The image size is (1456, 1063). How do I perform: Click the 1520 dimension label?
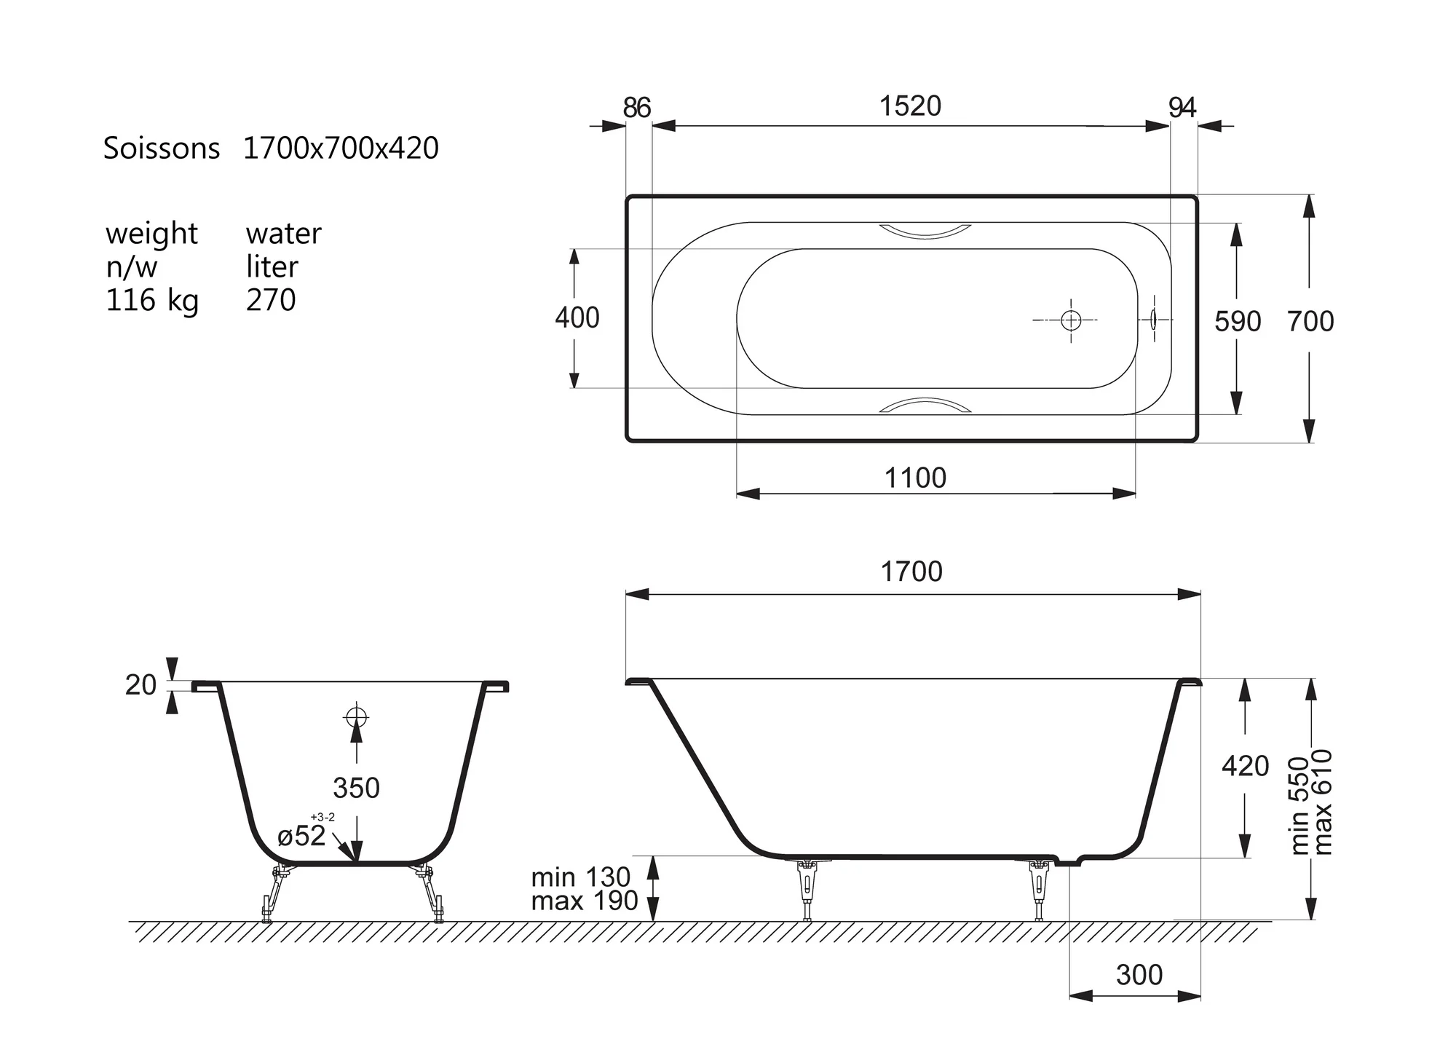[x=910, y=106]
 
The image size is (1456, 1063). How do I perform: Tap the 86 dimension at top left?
[x=636, y=108]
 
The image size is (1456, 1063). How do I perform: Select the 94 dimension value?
[x=1182, y=108]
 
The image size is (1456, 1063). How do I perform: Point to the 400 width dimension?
[x=577, y=318]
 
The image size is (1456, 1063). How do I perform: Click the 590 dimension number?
[x=1238, y=322]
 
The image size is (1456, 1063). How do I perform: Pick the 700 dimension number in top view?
[x=1310, y=322]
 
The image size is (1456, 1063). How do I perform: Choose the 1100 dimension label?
[x=915, y=478]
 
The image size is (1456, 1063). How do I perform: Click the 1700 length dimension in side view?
[x=911, y=572]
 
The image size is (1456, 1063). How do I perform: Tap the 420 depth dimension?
[x=1246, y=766]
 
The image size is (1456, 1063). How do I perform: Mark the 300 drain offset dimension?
[x=1139, y=975]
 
